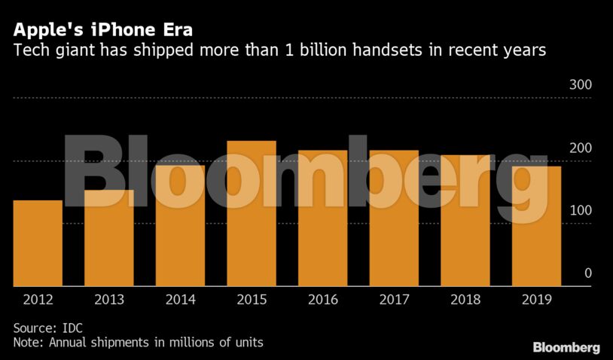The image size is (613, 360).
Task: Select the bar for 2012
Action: [38, 243]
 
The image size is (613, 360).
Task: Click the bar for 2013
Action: [108, 238]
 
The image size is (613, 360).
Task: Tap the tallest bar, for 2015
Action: [252, 213]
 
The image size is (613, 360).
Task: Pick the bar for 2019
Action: [536, 226]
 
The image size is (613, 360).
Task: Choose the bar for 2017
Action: [394, 218]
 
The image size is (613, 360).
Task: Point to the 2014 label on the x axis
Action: [180, 299]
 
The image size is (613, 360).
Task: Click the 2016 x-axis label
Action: [322, 299]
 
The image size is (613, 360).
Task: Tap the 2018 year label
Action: [465, 299]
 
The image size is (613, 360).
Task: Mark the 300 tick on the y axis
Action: [580, 85]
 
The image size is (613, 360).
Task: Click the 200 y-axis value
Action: [580, 148]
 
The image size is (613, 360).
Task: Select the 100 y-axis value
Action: [580, 211]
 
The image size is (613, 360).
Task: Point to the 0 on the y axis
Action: [588, 273]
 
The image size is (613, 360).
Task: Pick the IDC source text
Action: [72, 328]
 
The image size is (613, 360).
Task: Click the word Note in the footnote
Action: [28, 343]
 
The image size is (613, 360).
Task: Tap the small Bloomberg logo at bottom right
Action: [566, 347]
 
